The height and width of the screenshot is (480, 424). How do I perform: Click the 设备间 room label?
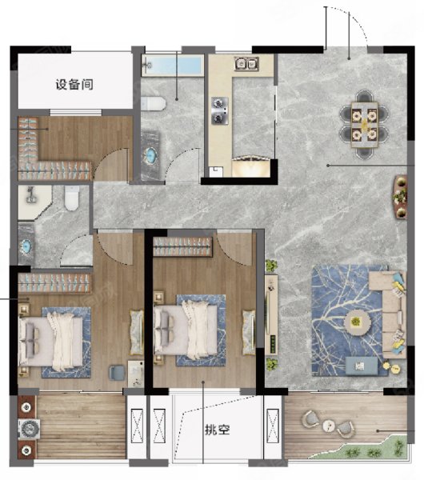click(x=74, y=85)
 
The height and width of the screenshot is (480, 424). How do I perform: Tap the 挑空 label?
click(x=217, y=430)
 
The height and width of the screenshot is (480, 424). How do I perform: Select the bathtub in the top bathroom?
click(x=173, y=66)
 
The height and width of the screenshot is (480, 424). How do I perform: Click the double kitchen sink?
click(x=246, y=64)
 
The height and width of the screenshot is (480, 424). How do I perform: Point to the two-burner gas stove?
click(x=220, y=110)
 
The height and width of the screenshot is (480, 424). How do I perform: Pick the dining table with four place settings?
click(x=364, y=125)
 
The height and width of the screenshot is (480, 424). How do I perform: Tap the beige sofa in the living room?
click(x=388, y=314)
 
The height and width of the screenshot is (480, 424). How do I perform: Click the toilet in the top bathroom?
click(x=154, y=103)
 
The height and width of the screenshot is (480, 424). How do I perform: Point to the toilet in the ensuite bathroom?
click(x=72, y=198)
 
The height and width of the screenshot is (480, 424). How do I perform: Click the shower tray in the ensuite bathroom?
click(x=34, y=202)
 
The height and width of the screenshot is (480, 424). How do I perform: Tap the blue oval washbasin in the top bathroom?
click(x=150, y=155)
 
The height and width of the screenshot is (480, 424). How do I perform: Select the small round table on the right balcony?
click(x=329, y=426)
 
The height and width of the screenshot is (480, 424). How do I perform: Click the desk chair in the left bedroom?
click(x=117, y=372)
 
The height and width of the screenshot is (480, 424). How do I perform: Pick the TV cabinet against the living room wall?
click(x=271, y=314)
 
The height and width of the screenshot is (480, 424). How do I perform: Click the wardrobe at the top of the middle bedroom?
click(x=182, y=246)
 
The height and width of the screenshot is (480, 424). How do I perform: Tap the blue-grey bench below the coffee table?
click(x=362, y=366)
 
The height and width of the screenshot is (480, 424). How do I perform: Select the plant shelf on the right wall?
click(x=401, y=197)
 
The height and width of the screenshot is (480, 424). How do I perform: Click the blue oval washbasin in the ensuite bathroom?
click(x=26, y=246)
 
